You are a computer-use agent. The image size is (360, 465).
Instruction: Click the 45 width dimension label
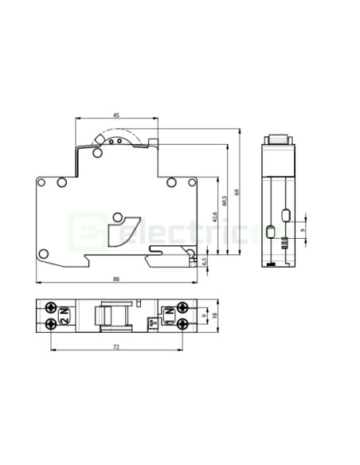click(116, 115)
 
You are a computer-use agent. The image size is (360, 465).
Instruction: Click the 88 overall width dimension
click(116, 278)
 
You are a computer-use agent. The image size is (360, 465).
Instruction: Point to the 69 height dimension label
click(237, 192)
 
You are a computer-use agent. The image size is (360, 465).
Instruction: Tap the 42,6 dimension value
click(213, 217)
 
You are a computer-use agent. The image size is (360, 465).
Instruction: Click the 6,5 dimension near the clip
click(204, 260)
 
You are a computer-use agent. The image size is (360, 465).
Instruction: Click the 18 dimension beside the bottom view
click(215, 315)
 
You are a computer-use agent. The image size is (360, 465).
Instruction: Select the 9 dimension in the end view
click(302, 230)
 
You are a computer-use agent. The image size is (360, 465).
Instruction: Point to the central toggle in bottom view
click(112, 316)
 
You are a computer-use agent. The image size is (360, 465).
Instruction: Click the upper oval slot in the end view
click(286, 213)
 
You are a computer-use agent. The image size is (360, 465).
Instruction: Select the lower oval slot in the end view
click(270, 232)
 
